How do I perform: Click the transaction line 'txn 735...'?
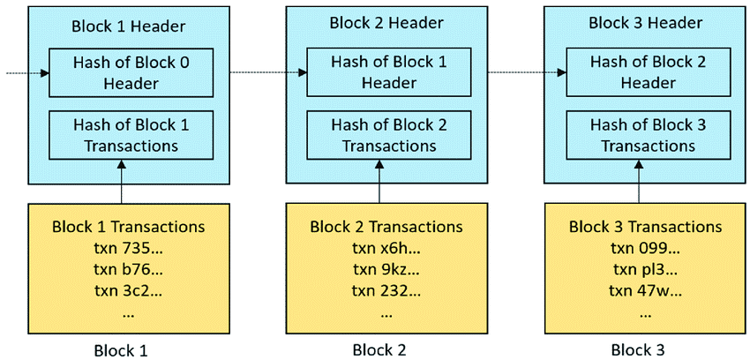click(128, 247)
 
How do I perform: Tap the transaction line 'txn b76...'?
click(128, 268)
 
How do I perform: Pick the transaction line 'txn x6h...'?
click(386, 247)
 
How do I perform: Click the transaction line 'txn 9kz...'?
click(386, 268)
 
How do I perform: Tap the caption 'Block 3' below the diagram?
click(636, 349)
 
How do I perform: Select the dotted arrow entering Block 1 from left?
click(26, 73)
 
